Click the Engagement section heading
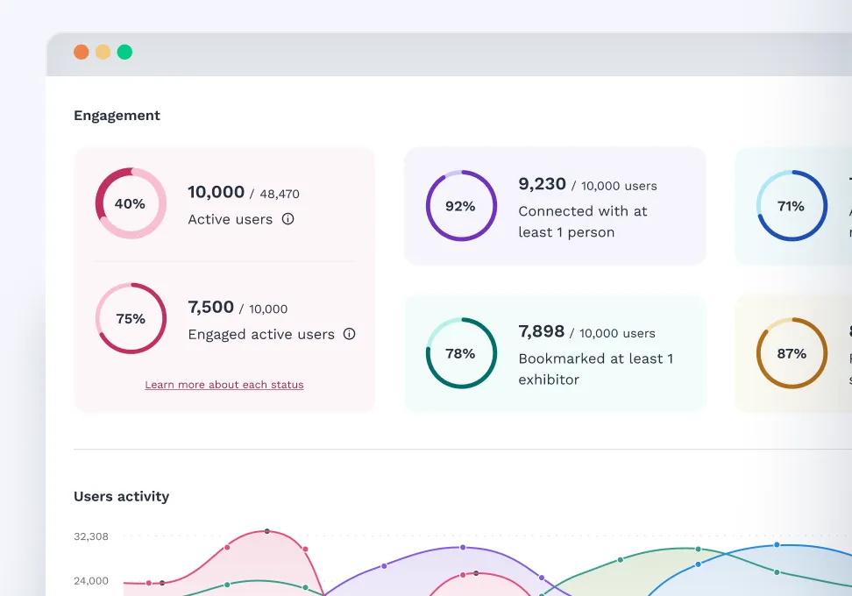click(x=117, y=116)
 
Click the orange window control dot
click(x=82, y=52)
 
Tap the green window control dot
click(x=124, y=52)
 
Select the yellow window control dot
click(x=103, y=52)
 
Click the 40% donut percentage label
click(x=130, y=203)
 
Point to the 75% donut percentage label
click(x=131, y=319)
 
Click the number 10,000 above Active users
click(x=216, y=192)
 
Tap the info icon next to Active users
click(x=288, y=219)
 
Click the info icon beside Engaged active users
click(x=349, y=334)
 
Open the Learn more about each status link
click(x=224, y=385)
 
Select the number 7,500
click(x=210, y=308)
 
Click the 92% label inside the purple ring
click(x=460, y=206)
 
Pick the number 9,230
click(x=542, y=184)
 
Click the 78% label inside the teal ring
click(x=460, y=353)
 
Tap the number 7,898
click(x=541, y=331)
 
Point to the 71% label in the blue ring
click(x=791, y=206)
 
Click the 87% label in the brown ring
click(x=791, y=353)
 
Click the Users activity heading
click(x=121, y=496)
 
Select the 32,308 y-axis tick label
click(x=91, y=536)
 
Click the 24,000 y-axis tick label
click(x=91, y=580)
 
